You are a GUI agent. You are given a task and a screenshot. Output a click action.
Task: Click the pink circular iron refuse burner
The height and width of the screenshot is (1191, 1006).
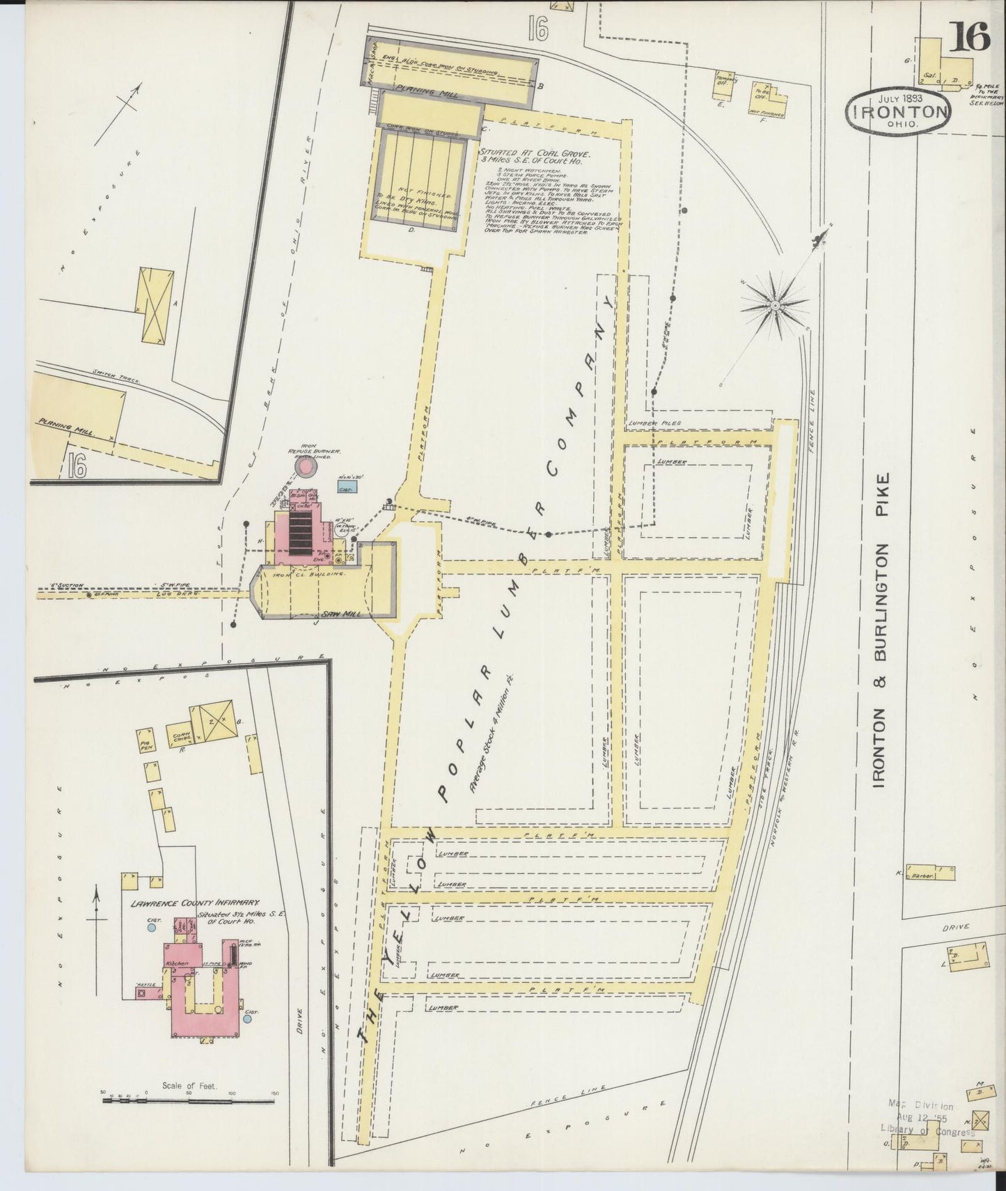point(305,467)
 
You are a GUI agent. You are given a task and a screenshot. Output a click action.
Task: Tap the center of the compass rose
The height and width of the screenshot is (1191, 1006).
point(774,305)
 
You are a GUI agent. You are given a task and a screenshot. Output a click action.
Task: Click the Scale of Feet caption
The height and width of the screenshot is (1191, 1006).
point(189,1085)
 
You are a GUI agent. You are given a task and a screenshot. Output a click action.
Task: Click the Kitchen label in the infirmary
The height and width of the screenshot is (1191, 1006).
point(174,961)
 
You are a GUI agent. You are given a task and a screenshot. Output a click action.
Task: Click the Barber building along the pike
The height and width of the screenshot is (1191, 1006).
point(934,873)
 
